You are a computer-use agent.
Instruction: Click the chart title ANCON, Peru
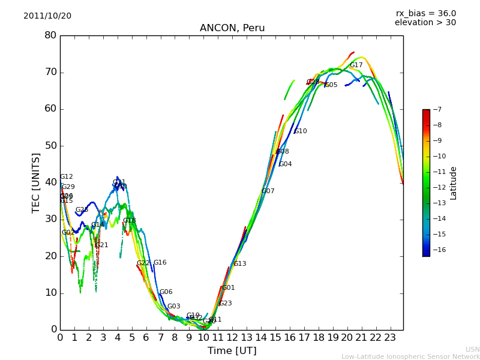232,28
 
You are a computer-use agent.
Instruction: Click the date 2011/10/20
47,16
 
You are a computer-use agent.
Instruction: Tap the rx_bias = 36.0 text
426,13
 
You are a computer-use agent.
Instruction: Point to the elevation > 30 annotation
425,23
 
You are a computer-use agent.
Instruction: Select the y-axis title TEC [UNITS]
37,183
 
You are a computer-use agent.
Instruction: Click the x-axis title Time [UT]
232,351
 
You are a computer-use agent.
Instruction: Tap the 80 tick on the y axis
50,35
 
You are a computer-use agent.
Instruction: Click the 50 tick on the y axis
50,146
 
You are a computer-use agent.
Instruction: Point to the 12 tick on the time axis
232,338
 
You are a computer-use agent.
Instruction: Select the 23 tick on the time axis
390,338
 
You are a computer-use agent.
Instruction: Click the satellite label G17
356,65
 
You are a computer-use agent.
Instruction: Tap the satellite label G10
301,131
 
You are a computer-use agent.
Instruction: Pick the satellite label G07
268,191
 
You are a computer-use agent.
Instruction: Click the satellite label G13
240,264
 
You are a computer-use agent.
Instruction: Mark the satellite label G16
160,263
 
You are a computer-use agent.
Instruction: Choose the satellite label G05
331,85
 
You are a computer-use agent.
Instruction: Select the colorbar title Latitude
454,183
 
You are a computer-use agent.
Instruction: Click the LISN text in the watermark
473,349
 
